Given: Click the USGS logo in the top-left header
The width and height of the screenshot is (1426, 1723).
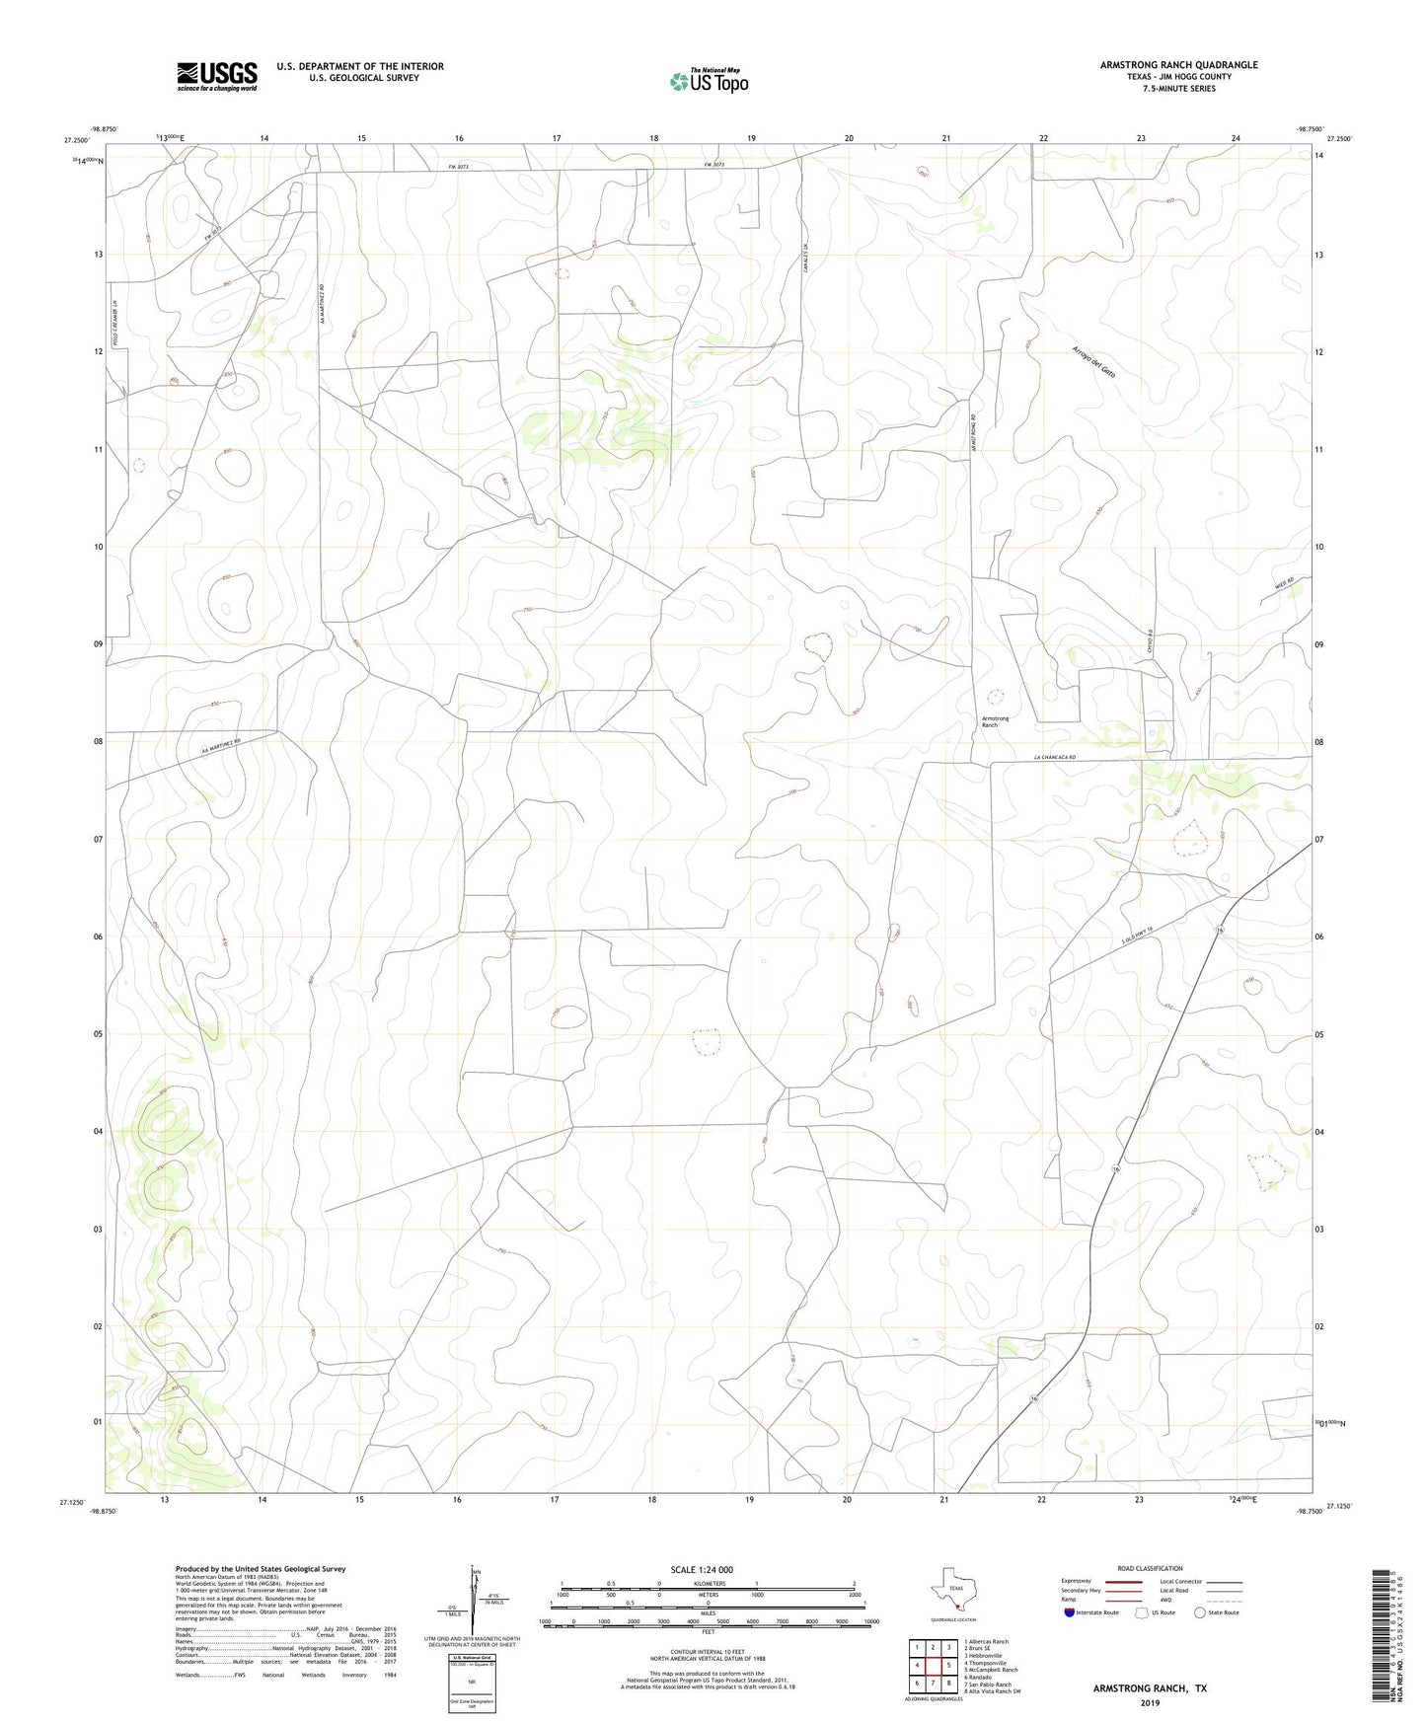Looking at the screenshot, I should tap(217, 76).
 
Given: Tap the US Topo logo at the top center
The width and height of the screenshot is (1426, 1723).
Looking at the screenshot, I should tap(709, 81).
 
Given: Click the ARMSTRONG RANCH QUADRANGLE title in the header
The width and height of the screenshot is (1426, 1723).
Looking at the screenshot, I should tap(1179, 65).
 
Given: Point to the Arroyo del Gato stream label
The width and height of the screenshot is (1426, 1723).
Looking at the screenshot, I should tap(1093, 363).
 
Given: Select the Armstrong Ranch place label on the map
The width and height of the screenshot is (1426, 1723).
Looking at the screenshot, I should tap(995, 721).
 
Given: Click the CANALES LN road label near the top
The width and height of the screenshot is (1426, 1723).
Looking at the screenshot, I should tap(806, 259).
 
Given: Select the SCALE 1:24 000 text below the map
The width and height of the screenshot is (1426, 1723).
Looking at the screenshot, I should tap(701, 1569).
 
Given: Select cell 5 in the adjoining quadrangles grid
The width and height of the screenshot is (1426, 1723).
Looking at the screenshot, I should tap(947, 1666).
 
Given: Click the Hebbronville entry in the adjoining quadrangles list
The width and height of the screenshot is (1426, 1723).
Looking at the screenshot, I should tap(981, 1655).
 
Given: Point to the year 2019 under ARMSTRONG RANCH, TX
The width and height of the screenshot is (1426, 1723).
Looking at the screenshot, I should tap(1150, 1702).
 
